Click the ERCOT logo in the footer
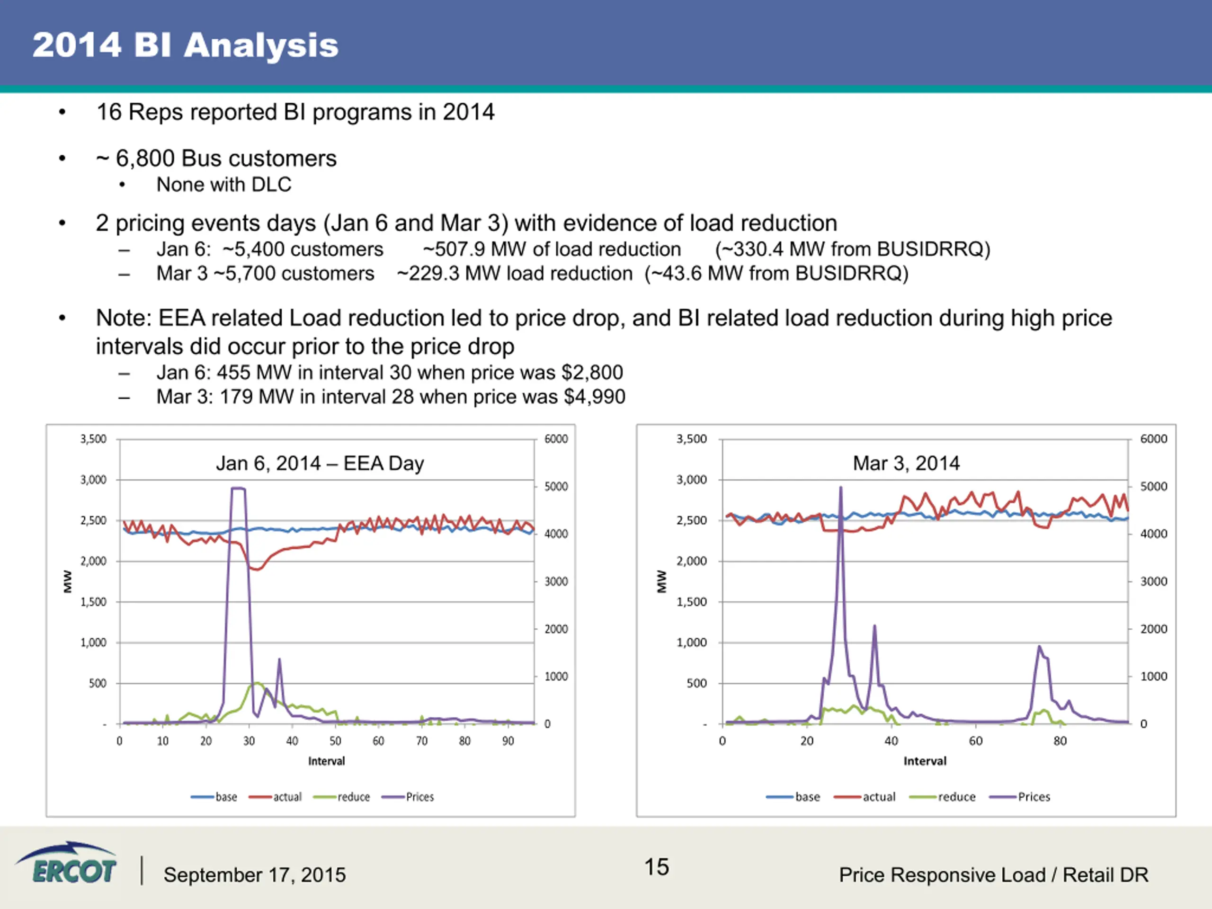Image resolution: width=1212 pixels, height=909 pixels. coord(66,864)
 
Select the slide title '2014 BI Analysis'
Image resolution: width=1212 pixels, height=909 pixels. coord(185,45)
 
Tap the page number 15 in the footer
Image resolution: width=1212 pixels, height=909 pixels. coord(656,867)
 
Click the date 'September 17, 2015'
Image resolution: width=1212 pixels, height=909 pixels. coord(254,874)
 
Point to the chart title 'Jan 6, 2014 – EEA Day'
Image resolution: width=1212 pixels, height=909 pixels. coord(320,463)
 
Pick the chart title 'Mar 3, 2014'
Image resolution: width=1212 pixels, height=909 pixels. coord(906,463)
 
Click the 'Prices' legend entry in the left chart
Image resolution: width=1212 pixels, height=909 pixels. coord(408,797)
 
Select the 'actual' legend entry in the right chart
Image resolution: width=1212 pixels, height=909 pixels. coord(864,797)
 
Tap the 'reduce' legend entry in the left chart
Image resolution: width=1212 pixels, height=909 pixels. coord(341,797)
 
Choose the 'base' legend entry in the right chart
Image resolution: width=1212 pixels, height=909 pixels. coord(793,797)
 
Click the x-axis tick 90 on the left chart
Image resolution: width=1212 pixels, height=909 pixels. coord(508,741)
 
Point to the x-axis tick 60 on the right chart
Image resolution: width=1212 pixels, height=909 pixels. coord(976,741)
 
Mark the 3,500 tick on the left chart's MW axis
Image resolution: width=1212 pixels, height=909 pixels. coord(93,439)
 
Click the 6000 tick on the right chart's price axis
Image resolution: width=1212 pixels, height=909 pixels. coord(1153,439)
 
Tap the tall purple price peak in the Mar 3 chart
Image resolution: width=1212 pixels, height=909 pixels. coord(840,487)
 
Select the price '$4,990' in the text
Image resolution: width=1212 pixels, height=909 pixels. coord(595,397)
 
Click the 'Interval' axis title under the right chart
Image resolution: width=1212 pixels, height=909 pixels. coord(925,761)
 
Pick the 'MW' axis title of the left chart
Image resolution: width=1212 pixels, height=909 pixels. coord(67,581)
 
